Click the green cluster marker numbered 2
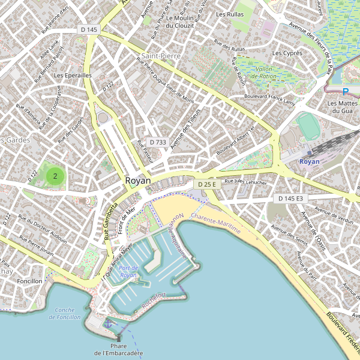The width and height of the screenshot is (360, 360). coord(55,176)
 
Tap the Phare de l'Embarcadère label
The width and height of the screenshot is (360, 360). coord(119,349)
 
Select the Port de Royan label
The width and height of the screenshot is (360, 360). coord(128,271)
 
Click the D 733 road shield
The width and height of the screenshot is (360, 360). coord(157,142)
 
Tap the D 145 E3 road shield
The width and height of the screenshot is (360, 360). coord(290,198)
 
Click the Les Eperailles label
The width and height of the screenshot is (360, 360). coord(72,76)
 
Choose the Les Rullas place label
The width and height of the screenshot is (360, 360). coord(229,14)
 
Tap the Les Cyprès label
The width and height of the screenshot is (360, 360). coord(287,53)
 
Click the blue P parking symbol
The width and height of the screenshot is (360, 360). coord(345,92)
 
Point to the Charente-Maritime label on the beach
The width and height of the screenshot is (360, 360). coord(215,222)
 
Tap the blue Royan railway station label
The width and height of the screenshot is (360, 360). coord(310,161)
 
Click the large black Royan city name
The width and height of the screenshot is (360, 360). coord(138,181)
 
